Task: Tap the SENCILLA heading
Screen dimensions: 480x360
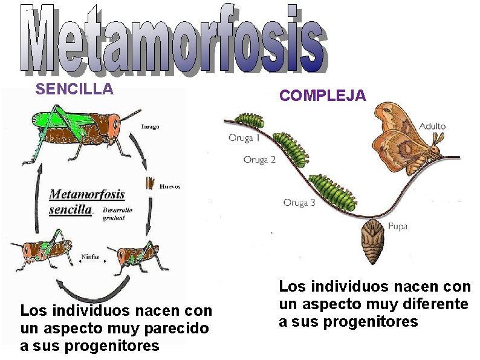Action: pyautogui.click(x=74, y=90)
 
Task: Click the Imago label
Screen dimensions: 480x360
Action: pyautogui.click(x=150, y=126)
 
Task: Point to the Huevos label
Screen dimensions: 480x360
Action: pyautogui.click(x=169, y=186)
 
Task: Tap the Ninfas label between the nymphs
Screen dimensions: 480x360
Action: pyautogui.click(x=91, y=257)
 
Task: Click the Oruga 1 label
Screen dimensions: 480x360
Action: pyautogui.click(x=244, y=138)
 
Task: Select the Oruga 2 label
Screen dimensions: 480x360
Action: pyautogui.click(x=259, y=160)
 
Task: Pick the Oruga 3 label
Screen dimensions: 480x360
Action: pyautogui.click(x=299, y=203)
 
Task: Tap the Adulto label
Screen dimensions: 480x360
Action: pyautogui.click(x=432, y=126)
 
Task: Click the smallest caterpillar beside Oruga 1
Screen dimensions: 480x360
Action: pyautogui.click(x=249, y=119)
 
